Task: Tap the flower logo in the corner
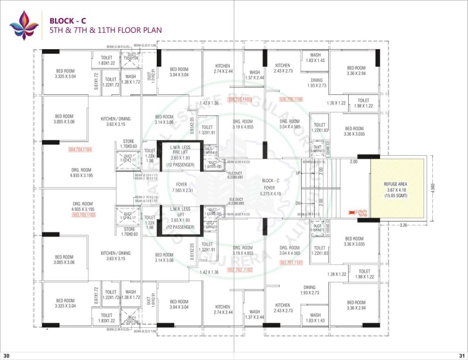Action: click(x=24, y=25)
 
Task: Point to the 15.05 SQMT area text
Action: click(x=396, y=194)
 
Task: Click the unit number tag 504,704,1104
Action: click(x=81, y=150)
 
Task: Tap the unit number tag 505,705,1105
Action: click(x=239, y=100)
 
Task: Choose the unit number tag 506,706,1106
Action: click(x=291, y=100)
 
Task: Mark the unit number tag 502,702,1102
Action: click(x=239, y=270)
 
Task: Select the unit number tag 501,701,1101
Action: click(x=291, y=263)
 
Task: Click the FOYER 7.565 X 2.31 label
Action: click(x=181, y=187)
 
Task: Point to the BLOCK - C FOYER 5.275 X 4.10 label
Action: click(x=270, y=187)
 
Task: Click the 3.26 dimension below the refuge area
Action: click(x=402, y=224)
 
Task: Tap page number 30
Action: click(x=6, y=355)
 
